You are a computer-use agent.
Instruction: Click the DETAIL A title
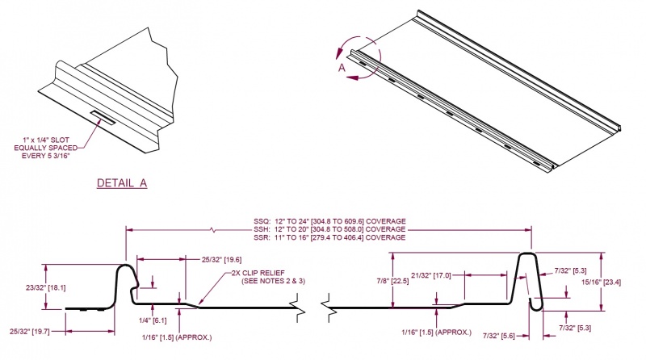click(x=122, y=182)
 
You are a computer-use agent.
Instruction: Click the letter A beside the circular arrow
click(x=342, y=69)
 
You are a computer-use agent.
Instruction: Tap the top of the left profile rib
click(x=126, y=266)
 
